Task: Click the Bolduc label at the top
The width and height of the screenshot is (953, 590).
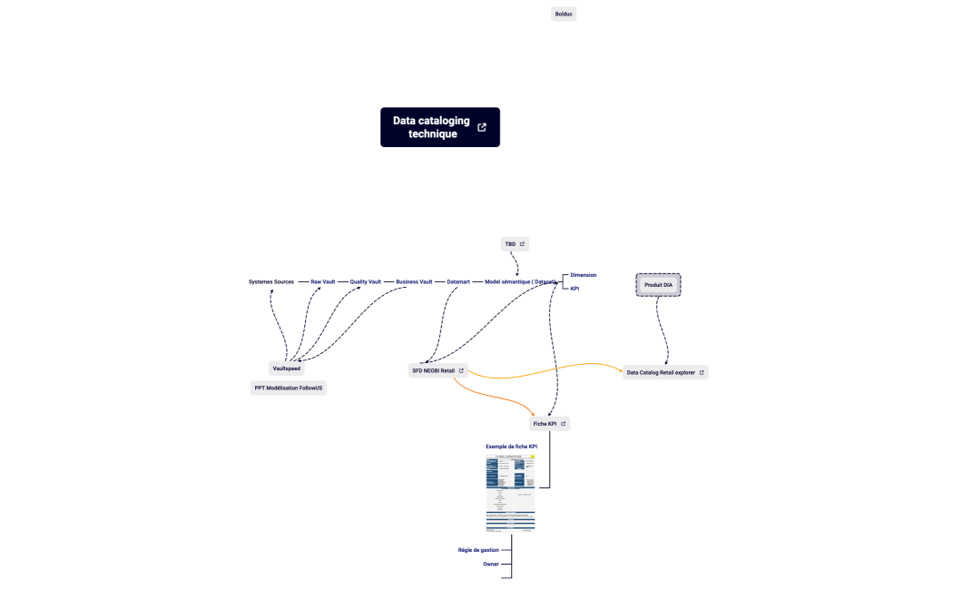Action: pos(564,14)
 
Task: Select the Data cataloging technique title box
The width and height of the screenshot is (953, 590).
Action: pos(432,127)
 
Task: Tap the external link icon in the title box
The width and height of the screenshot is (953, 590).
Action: pos(482,127)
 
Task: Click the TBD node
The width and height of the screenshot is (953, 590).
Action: pos(511,244)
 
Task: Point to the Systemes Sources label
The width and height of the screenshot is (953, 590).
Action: pos(271,281)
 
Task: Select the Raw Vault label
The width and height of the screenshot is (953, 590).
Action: pos(323,281)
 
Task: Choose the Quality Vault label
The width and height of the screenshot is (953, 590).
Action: pos(366,281)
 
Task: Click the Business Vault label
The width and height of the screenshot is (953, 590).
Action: pos(414,281)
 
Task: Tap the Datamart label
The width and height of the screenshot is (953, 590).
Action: pos(458,281)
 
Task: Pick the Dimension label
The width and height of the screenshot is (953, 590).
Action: pos(583,274)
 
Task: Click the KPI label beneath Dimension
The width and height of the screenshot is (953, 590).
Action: pos(575,289)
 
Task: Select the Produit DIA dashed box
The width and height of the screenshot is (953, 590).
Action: pos(658,285)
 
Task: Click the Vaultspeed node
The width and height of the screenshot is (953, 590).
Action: pos(286,369)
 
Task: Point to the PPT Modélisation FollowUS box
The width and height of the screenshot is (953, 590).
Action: pos(288,388)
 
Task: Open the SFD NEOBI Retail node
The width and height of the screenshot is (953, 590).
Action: pos(434,370)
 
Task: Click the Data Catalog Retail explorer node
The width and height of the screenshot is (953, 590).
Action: pos(661,372)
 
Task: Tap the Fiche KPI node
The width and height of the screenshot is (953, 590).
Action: pos(545,424)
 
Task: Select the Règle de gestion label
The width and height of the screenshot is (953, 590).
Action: pos(478,550)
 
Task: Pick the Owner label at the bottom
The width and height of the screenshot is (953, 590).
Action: pos(490,564)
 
